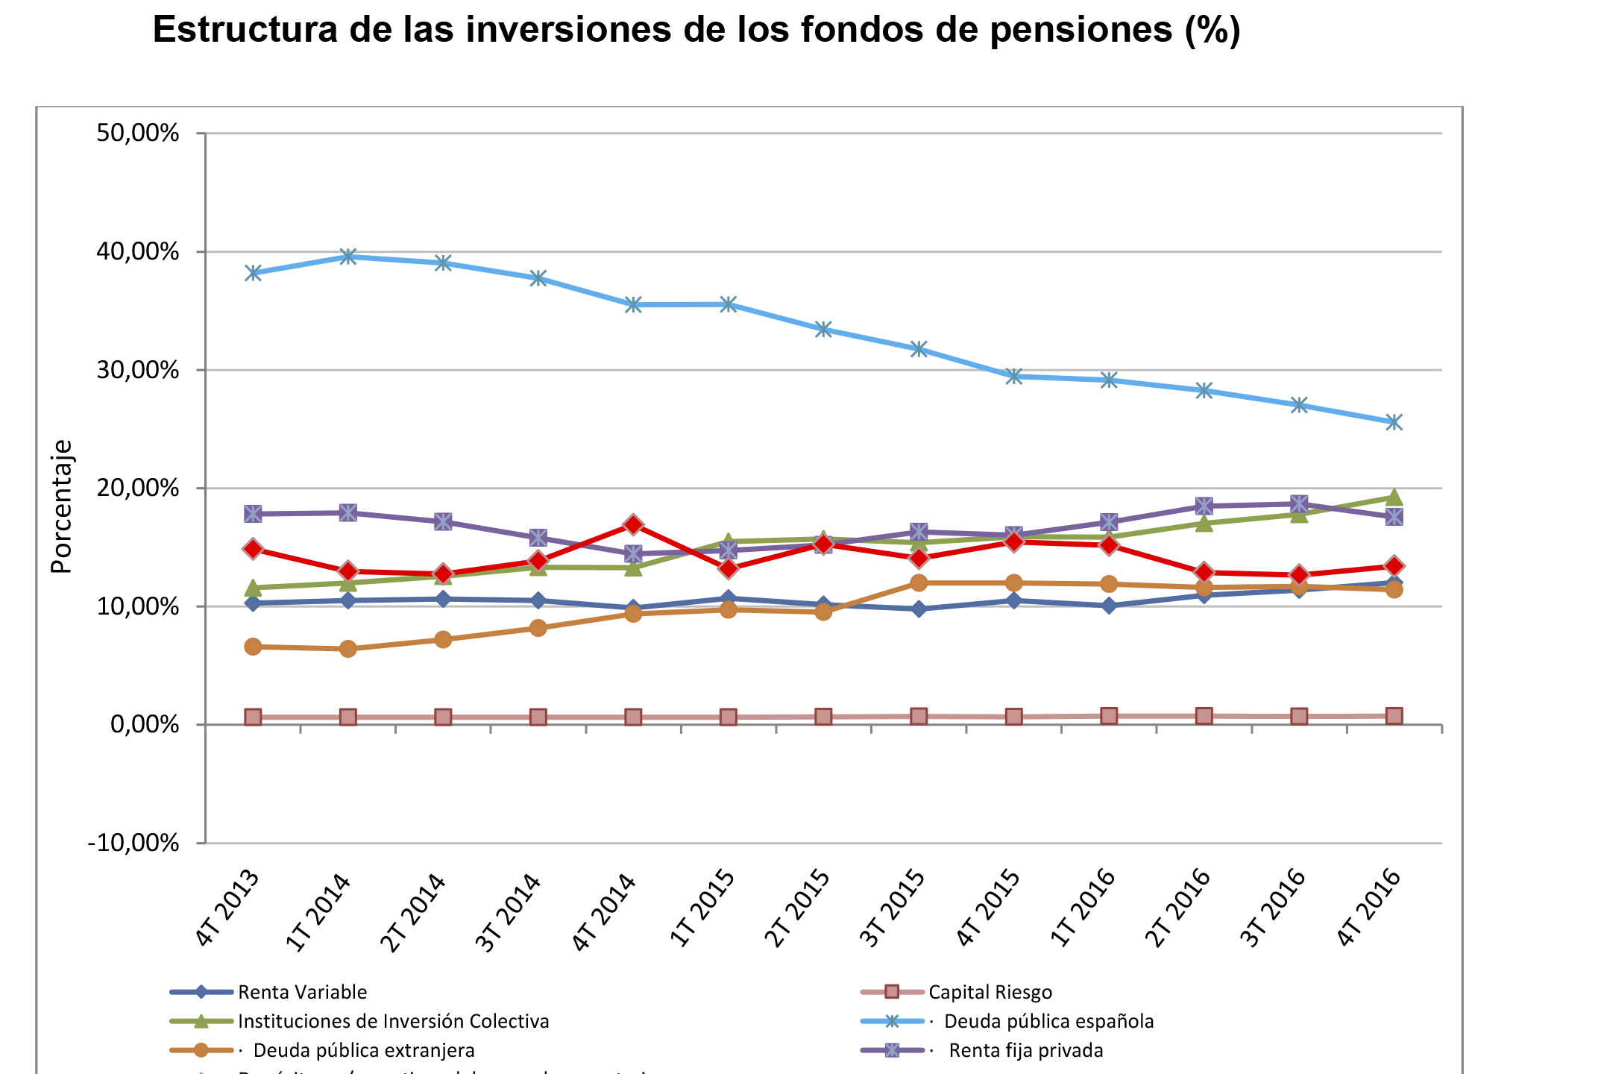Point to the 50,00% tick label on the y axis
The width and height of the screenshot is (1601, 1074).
click(138, 134)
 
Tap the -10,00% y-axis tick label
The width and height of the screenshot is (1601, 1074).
click(133, 844)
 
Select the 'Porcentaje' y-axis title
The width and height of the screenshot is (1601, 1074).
click(62, 506)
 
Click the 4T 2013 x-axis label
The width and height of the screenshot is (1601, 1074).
click(227, 908)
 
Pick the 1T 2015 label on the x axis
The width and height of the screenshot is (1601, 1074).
click(702, 908)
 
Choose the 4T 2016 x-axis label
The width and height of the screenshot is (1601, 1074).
click(1368, 908)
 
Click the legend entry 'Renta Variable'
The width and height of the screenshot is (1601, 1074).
click(302, 992)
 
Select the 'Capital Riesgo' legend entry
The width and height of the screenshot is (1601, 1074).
click(990, 992)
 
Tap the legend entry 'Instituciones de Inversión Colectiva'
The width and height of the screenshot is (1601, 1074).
click(393, 1021)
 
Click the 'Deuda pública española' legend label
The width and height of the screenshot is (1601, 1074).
click(1048, 1021)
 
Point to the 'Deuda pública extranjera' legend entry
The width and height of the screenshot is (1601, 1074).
click(364, 1050)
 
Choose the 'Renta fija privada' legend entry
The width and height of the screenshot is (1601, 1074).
click(1025, 1050)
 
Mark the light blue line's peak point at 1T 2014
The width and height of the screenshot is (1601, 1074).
click(348, 257)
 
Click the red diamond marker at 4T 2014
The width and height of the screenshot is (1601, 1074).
click(633, 524)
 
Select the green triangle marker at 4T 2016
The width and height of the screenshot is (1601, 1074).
click(1394, 497)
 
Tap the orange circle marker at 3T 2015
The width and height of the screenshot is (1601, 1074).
click(919, 582)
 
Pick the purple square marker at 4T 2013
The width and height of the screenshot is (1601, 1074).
click(253, 514)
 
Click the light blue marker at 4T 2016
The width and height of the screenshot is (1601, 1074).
click(1394, 422)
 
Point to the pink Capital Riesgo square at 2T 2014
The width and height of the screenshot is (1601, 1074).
click(443, 717)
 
